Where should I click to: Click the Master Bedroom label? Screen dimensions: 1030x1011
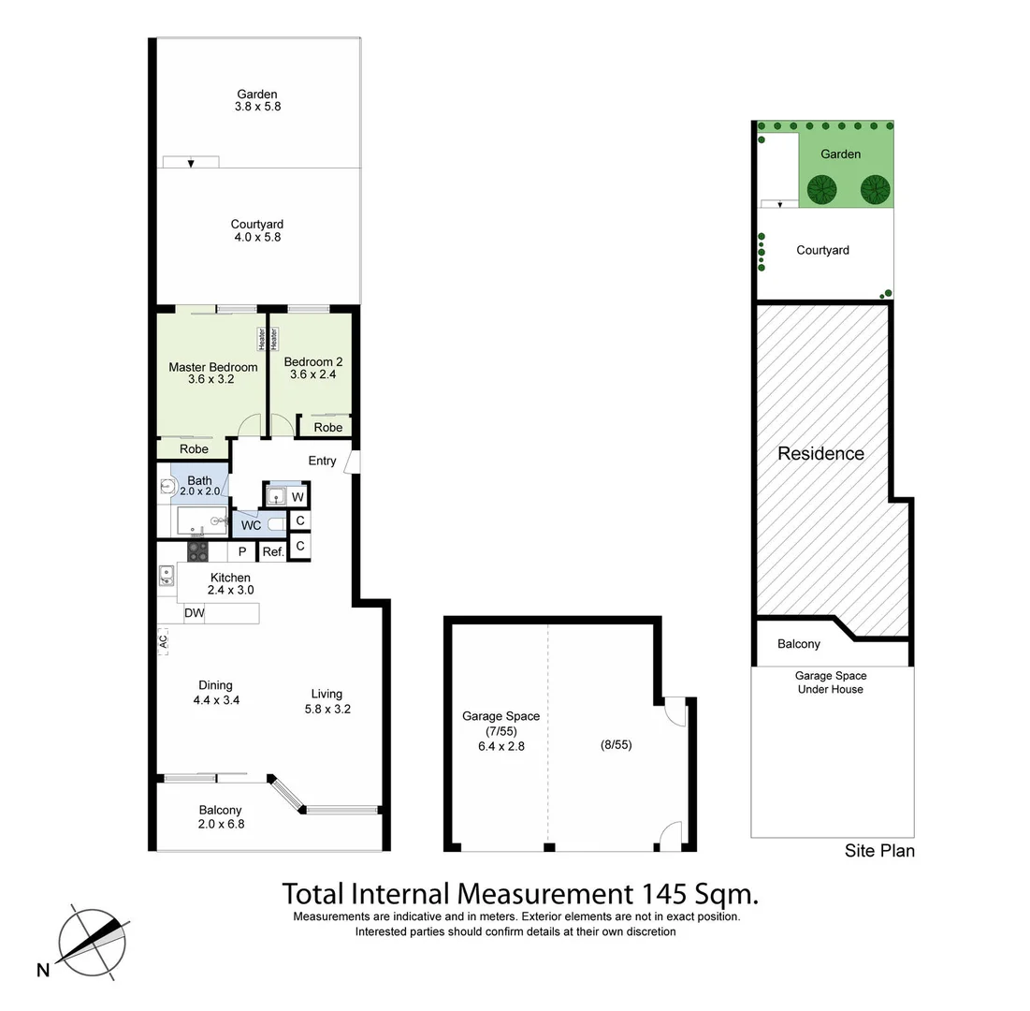coord(212,367)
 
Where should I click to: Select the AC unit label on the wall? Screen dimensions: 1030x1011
coord(163,641)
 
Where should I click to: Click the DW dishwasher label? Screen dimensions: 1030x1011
coord(194,613)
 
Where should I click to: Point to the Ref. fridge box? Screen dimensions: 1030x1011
coord(272,552)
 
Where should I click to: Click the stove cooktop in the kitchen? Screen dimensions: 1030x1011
coord(198,551)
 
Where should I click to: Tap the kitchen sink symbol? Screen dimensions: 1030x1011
coord(167,575)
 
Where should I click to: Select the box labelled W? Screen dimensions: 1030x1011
coord(297,496)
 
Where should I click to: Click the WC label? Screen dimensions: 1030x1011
coord(251,525)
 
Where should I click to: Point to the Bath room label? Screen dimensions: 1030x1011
coord(199,480)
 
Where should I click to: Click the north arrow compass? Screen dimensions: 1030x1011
coord(92,942)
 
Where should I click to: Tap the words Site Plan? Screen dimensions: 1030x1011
coord(879,851)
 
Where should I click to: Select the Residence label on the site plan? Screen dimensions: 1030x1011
coord(820,454)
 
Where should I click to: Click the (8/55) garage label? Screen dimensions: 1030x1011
coord(616,745)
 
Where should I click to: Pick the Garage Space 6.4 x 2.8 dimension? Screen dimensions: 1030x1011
coord(500,747)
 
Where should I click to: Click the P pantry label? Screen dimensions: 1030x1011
coord(241,552)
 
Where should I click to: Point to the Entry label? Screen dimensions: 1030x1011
coord(322,461)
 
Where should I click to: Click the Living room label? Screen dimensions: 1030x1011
coord(326,694)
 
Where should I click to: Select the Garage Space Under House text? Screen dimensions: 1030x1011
coord(830,682)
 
